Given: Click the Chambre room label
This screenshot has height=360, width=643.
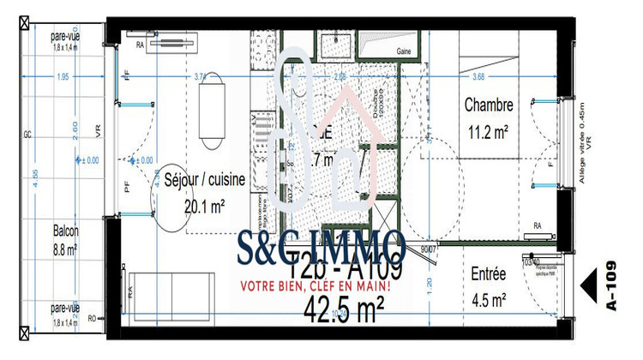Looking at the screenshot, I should click(489, 105).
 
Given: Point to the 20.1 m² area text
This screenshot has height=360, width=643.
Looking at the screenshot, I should click(205, 206).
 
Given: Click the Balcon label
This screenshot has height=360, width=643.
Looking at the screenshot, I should click(65, 231).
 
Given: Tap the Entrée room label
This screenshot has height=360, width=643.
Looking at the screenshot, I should click(489, 274).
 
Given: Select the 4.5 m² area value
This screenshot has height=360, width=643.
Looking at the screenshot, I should click(489, 299).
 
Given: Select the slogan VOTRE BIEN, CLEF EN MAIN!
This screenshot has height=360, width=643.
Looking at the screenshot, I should click(315, 286).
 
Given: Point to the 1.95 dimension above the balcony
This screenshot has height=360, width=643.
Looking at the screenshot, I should click(62, 78).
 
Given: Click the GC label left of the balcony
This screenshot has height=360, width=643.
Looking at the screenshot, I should click(28, 135).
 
